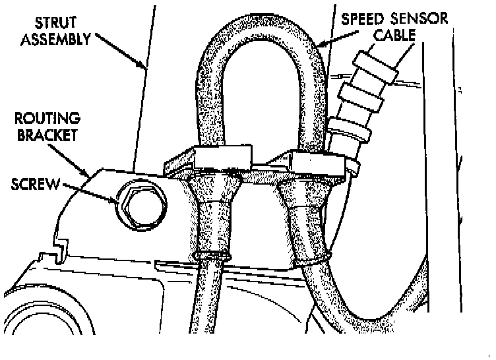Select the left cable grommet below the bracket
pos(212,211)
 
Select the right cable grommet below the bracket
pos(305,214)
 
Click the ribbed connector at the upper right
pos(360,105)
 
